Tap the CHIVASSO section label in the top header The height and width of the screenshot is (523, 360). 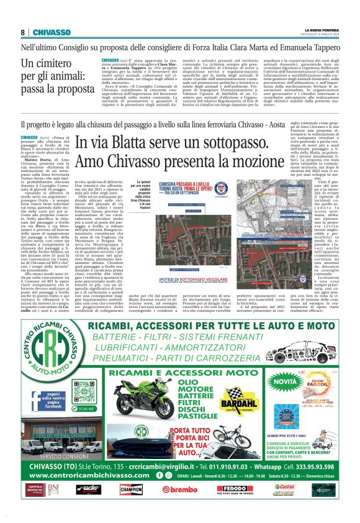[x=51, y=32]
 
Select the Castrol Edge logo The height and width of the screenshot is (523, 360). [x=284, y=489]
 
